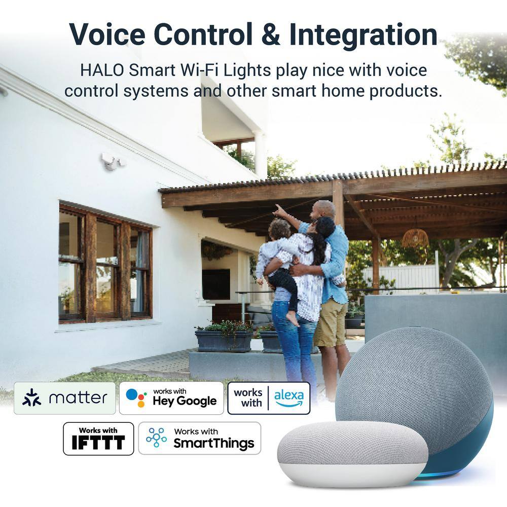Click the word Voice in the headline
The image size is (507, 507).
pos(107,34)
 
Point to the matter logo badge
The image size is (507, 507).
pos(65,398)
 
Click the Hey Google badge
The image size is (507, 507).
pos(171,398)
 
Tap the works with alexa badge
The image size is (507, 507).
pos(269,398)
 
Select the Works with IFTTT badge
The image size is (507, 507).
pos(98,439)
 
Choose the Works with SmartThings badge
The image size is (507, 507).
pos(199,439)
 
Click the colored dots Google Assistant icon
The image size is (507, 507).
pos(136,397)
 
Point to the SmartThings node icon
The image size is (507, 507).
pos(157,438)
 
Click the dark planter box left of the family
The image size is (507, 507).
pos(224,341)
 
